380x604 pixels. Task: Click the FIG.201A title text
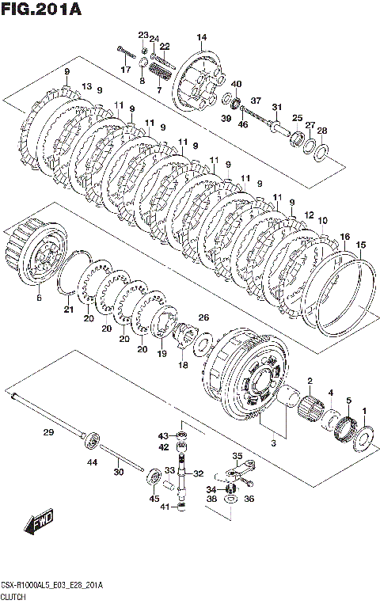(41, 9)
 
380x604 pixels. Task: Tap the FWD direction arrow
(39, 524)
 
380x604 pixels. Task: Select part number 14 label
(202, 37)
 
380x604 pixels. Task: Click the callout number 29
(48, 432)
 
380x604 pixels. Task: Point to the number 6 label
(39, 298)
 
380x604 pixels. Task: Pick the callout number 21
(69, 309)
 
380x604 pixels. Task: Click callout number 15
(361, 245)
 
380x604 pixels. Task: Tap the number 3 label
(273, 443)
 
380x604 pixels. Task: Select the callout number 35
(237, 456)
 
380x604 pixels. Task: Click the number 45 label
(154, 499)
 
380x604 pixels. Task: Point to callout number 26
(203, 317)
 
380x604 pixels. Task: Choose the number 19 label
(162, 353)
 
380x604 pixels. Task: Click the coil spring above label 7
(159, 72)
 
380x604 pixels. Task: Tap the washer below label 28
(321, 152)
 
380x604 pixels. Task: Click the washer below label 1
(363, 436)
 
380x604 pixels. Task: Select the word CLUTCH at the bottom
(13, 597)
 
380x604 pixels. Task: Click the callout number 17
(126, 70)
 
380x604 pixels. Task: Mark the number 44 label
(93, 462)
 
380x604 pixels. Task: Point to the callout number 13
(87, 86)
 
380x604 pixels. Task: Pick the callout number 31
(277, 107)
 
